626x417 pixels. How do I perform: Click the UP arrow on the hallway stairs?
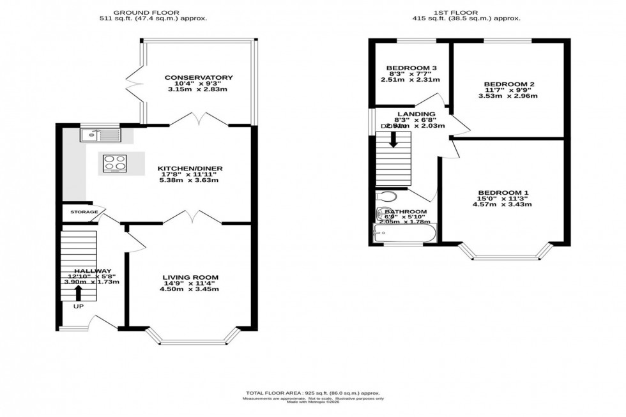[x=79, y=292]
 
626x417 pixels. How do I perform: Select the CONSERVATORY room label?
[x=198, y=78]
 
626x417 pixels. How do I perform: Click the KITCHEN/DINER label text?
[x=190, y=169]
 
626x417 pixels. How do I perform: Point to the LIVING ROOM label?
[x=189, y=277]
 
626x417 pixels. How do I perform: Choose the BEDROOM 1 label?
[x=503, y=193]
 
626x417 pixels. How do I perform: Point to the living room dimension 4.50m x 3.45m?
[x=189, y=289]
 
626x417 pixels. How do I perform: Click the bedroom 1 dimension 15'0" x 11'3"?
[x=503, y=199]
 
